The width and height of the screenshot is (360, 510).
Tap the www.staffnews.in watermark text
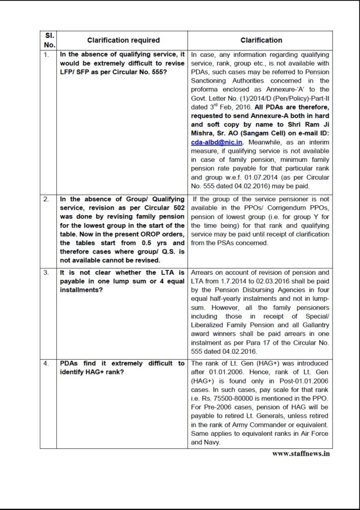point(300,453)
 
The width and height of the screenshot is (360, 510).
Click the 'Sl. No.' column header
point(50,40)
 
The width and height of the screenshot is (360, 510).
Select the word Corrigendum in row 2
point(278,208)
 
